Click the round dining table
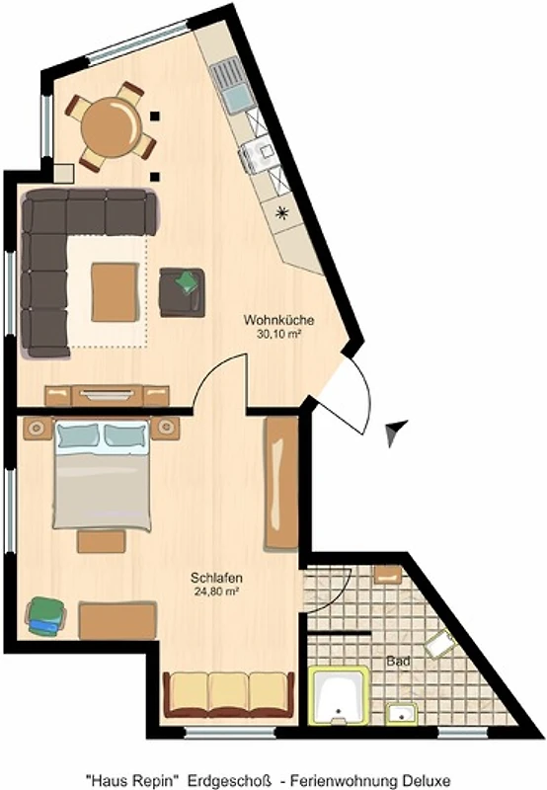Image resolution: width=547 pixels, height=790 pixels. point(112,125)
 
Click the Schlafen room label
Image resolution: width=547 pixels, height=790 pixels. point(216,578)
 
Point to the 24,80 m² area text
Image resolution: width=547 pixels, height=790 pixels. point(216,592)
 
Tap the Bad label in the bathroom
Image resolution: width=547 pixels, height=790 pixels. point(398,661)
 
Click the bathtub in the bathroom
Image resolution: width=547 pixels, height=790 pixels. point(339,695)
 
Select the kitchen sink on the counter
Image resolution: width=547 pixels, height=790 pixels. point(233,85)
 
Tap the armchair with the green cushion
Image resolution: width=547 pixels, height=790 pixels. point(183,292)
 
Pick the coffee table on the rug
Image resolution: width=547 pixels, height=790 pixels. point(115,292)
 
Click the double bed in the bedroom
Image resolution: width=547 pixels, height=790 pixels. point(103,476)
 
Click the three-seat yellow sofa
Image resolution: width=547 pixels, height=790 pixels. point(229,695)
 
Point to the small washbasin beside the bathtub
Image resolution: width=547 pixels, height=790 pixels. point(402,714)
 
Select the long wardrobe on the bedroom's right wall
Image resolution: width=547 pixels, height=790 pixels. point(281,483)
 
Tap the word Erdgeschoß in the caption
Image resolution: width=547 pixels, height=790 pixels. point(230,781)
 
